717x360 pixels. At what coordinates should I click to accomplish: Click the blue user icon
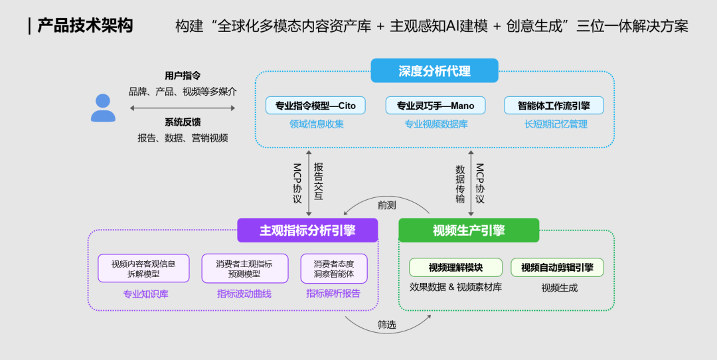(x=103, y=108)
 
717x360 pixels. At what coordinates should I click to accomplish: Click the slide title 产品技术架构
(x=85, y=26)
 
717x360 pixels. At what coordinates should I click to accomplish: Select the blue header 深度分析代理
(x=434, y=71)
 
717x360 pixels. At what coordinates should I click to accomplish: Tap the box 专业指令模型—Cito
(x=315, y=106)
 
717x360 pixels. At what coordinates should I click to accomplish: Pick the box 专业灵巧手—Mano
(x=436, y=106)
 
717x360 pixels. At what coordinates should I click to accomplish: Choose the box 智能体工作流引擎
(x=554, y=106)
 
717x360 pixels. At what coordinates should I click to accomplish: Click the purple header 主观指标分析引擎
(x=307, y=230)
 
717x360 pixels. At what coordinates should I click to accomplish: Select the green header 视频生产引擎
(x=469, y=230)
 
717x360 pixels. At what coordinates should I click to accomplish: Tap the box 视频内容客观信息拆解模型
(x=143, y=268)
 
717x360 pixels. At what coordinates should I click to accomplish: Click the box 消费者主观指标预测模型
(x=244, y=268)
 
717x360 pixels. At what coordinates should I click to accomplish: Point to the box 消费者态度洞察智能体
(x=334, y=268)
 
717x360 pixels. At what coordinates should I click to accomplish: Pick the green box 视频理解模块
(x=455, y=268)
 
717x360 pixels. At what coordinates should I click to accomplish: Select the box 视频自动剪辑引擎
(x=557, y=268)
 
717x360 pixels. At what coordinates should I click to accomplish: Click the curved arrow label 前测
(x=386, y=205)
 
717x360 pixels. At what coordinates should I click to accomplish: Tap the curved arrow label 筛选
(x=387, y=325)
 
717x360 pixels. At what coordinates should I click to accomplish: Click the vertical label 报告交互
(x=319, y=181)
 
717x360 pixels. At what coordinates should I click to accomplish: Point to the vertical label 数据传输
(x=460, y=184)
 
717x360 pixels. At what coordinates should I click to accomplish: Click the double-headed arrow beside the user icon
(x=183, y=108)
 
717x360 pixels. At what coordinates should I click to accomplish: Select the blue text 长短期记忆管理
(x=556, y=124)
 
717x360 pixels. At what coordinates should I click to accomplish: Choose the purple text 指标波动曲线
(x=244, y=294)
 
